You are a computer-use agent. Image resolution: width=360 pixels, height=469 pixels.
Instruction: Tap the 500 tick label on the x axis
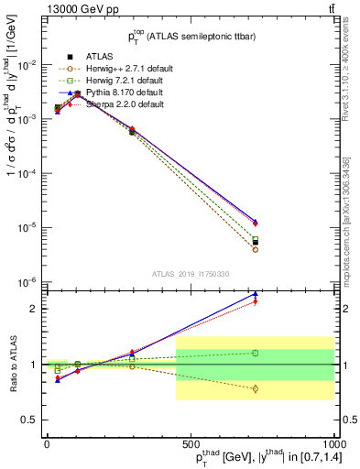click(191, 442)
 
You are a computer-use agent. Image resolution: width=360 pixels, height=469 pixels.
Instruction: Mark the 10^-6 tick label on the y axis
click(27, 281)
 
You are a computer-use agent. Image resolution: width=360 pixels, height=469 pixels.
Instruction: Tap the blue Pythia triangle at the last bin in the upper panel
click(255, 221)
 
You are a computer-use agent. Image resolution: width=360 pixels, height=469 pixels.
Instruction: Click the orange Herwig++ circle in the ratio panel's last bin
click(255, 388)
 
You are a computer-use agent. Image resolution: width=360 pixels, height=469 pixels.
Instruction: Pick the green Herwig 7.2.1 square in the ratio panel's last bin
click(255, 353)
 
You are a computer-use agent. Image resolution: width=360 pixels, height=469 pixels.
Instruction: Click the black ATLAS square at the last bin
click(255, 243)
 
